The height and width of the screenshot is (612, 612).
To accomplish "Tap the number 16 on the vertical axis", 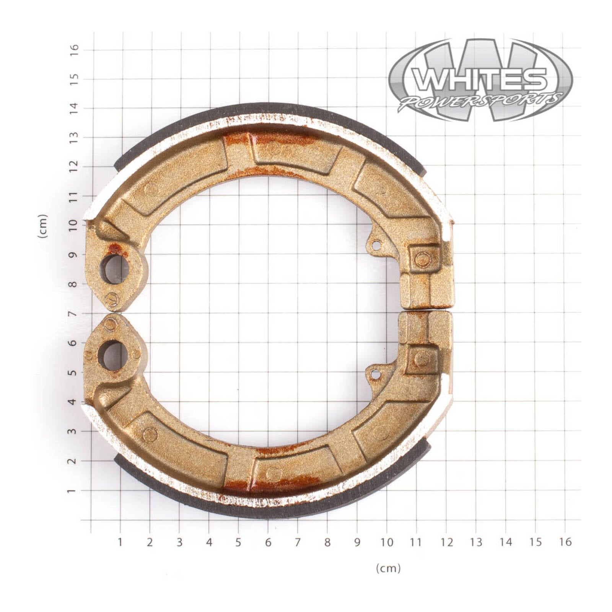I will (74, 50).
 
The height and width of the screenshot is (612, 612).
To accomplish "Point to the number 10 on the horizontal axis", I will (387, 542).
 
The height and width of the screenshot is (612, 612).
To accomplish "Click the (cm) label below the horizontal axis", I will (388, 568).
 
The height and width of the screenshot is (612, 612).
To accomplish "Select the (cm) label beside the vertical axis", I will (43, 226).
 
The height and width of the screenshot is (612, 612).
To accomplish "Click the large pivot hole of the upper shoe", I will (114, 269).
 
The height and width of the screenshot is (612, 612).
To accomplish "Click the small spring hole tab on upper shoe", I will (376, 245).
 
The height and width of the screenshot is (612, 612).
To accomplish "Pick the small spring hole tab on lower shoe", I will (376, 374).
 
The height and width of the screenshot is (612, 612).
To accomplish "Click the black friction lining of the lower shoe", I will (268, 513).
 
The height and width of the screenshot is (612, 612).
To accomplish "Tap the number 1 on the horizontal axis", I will (120, 542).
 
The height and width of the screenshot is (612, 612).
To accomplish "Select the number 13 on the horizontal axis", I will (476, 542).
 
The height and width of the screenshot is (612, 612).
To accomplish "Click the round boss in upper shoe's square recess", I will (422, 260).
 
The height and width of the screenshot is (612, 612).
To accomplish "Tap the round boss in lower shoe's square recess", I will (422, 359).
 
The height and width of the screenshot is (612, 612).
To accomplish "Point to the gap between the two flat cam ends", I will (426, 309).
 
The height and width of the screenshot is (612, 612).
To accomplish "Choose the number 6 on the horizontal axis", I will (268, 542).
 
